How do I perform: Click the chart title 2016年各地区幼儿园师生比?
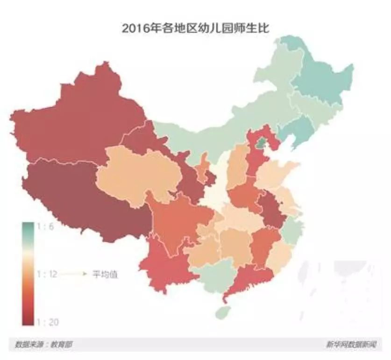point(196,28)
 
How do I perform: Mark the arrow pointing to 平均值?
point(75,274)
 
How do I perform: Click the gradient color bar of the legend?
point(27,273)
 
